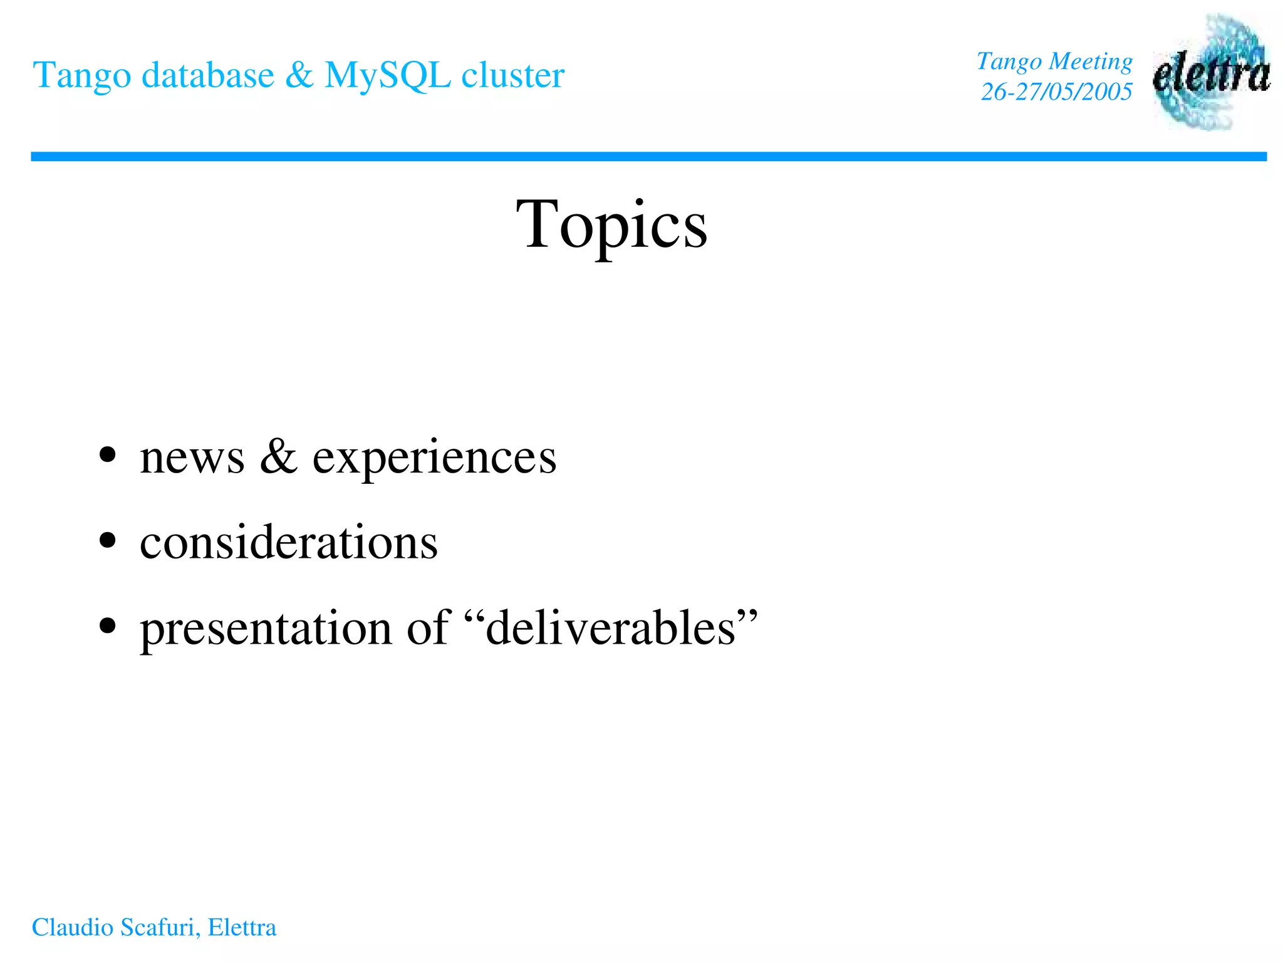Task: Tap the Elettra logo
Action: [1211, 73]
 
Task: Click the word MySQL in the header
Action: [387, 76]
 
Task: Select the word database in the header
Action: [207, 75]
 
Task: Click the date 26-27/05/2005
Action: [1056, 91]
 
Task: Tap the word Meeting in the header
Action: [1091, 61]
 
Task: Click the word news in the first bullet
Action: [192, 457]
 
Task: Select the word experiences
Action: [434, 458]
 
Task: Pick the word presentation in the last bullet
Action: [266, 628]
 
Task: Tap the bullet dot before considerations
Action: [108, 540]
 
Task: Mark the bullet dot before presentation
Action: [108, 625]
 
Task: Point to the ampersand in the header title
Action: [299, 75]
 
